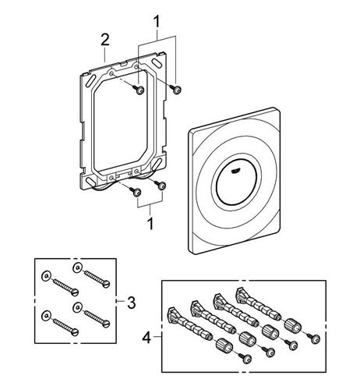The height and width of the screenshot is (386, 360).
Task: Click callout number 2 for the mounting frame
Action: [x=105, y=41]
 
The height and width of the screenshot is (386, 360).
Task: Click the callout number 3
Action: [x=132, y=303]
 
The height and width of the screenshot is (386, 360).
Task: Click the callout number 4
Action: [x=146, y=338]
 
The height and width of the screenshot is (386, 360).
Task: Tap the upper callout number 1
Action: [x=157, y=22]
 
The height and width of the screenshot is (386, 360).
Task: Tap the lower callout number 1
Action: [x=150, y=224]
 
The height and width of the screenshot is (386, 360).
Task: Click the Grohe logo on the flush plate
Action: [x=236, y=170]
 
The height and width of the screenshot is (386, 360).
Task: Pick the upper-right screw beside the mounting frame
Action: [x=176, y=89]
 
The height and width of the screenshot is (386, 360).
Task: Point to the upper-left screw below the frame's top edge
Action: [x=139, y=90]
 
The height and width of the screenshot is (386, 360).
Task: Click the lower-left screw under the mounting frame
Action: [x=136, y=192]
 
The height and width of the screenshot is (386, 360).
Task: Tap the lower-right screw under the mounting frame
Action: [x=161, y=185]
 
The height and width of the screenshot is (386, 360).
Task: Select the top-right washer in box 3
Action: [x=77, y=267]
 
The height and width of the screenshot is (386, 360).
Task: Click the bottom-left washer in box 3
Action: [x=46, y=315]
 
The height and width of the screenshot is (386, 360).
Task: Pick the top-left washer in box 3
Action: [x=46, y=276]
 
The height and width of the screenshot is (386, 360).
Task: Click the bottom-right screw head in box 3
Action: [x=106, y=324]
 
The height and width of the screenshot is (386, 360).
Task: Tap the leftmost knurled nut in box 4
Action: [x=223, y=345]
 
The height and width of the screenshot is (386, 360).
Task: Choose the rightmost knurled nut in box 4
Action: [x=292, y=325]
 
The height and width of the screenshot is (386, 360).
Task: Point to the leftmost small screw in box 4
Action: [x=245, y=358]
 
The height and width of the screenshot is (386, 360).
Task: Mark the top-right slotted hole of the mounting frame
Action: [x=157, y=64]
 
